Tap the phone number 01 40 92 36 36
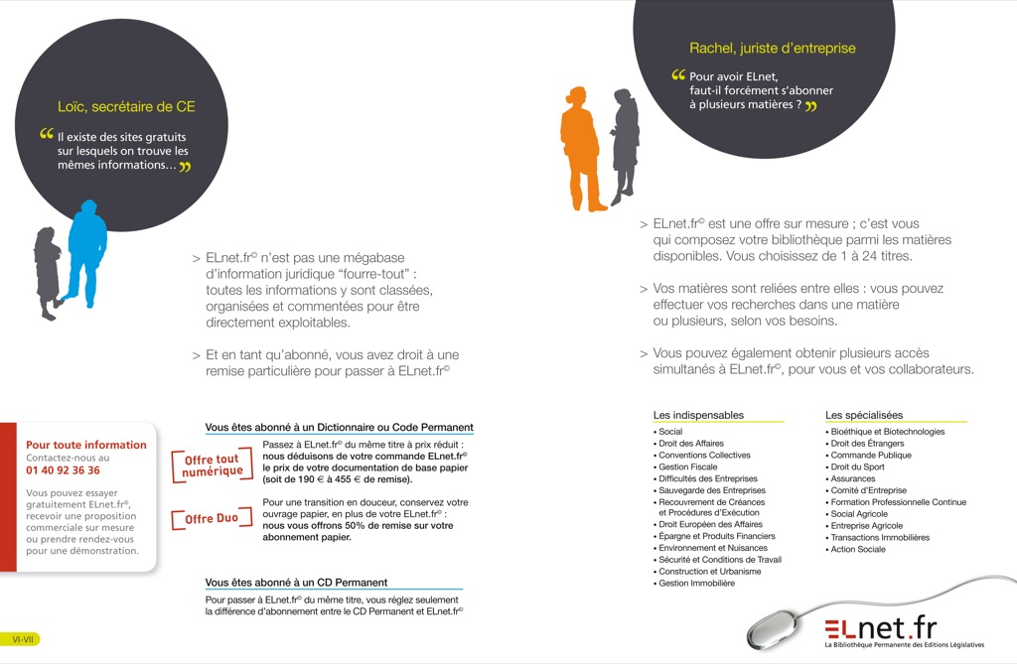(63, 470)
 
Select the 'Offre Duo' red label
(212, 518)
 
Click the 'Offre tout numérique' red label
(213, 465)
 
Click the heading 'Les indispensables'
(698, 415)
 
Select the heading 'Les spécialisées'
(864, 415)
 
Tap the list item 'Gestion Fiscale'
(687, 466)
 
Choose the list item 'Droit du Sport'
(856, 466)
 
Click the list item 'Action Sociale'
(857, 549)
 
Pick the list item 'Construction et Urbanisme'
(709, 572)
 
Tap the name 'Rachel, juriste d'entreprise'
(772, 48)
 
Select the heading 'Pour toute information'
(85, 445)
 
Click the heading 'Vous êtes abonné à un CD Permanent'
(296, 582)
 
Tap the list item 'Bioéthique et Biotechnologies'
(887, 432)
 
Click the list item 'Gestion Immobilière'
(695, 584)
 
